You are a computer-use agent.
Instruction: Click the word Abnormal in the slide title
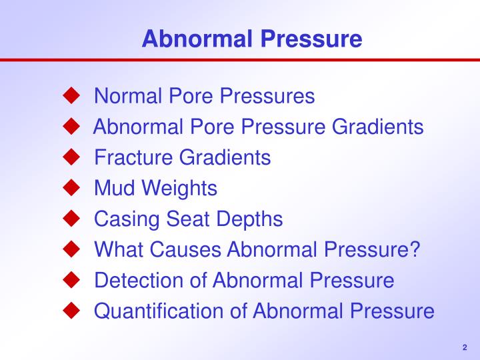(x=194, y=39)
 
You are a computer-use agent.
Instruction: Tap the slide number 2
(x=464, y=347)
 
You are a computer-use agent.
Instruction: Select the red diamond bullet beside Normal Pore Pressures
(x=71, y=96)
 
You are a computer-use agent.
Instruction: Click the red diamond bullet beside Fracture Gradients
(x=71, y=157)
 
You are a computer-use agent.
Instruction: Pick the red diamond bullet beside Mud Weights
(x=71, y=188)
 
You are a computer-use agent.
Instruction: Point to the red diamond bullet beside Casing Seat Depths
(x=71, y=219)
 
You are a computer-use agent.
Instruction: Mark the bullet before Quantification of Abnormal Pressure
(x=71, y=311)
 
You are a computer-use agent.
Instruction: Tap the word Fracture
(x=133, y=157)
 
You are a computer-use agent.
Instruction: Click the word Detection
(x=139, y=280)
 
